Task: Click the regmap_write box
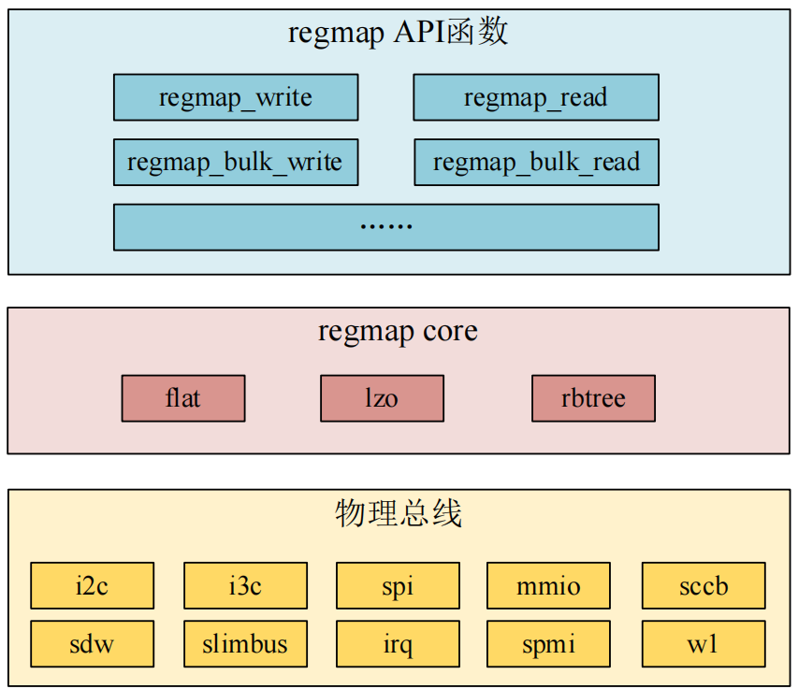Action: tap(236, 98)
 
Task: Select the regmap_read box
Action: tap(536, 98)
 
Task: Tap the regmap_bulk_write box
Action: tap(236, 163)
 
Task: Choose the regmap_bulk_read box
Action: tap(536, 163)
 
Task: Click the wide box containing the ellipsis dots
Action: tap(385, 227)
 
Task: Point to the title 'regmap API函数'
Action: tap(398, 34)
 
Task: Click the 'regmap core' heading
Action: tap(398, 332)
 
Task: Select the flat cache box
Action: tap(183, 398)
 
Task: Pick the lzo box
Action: tap(382, 398)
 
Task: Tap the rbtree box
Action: tap(593, 398)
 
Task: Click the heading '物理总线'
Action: tap(398, 513)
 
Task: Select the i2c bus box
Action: tap(92, 586)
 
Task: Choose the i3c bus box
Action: tap(245, 586)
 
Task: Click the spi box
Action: tap(398, 586)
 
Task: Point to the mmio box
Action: tap(548, 586)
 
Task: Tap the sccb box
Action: tap(704, 586)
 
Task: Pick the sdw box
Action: tap(92, 644)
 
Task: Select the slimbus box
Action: tap(245, 644)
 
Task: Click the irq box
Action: tap(398, 644)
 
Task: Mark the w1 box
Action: tap(704, 644)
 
